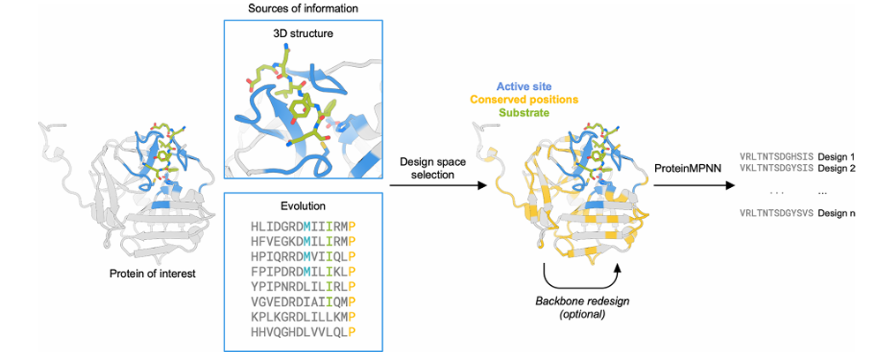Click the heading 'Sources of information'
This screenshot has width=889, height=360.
304,9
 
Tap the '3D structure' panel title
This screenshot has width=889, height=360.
304,34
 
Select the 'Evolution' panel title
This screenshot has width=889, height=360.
304,206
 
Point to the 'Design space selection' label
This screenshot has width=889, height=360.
432,169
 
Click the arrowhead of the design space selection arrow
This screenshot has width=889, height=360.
483,185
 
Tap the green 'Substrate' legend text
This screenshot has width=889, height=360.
525,112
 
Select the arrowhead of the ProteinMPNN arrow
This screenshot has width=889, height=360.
730,185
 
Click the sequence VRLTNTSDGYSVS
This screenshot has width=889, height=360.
777,214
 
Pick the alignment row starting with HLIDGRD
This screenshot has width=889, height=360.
304,227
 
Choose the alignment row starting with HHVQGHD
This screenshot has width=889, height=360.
304,334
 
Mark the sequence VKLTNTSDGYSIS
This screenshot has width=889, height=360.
777,168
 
